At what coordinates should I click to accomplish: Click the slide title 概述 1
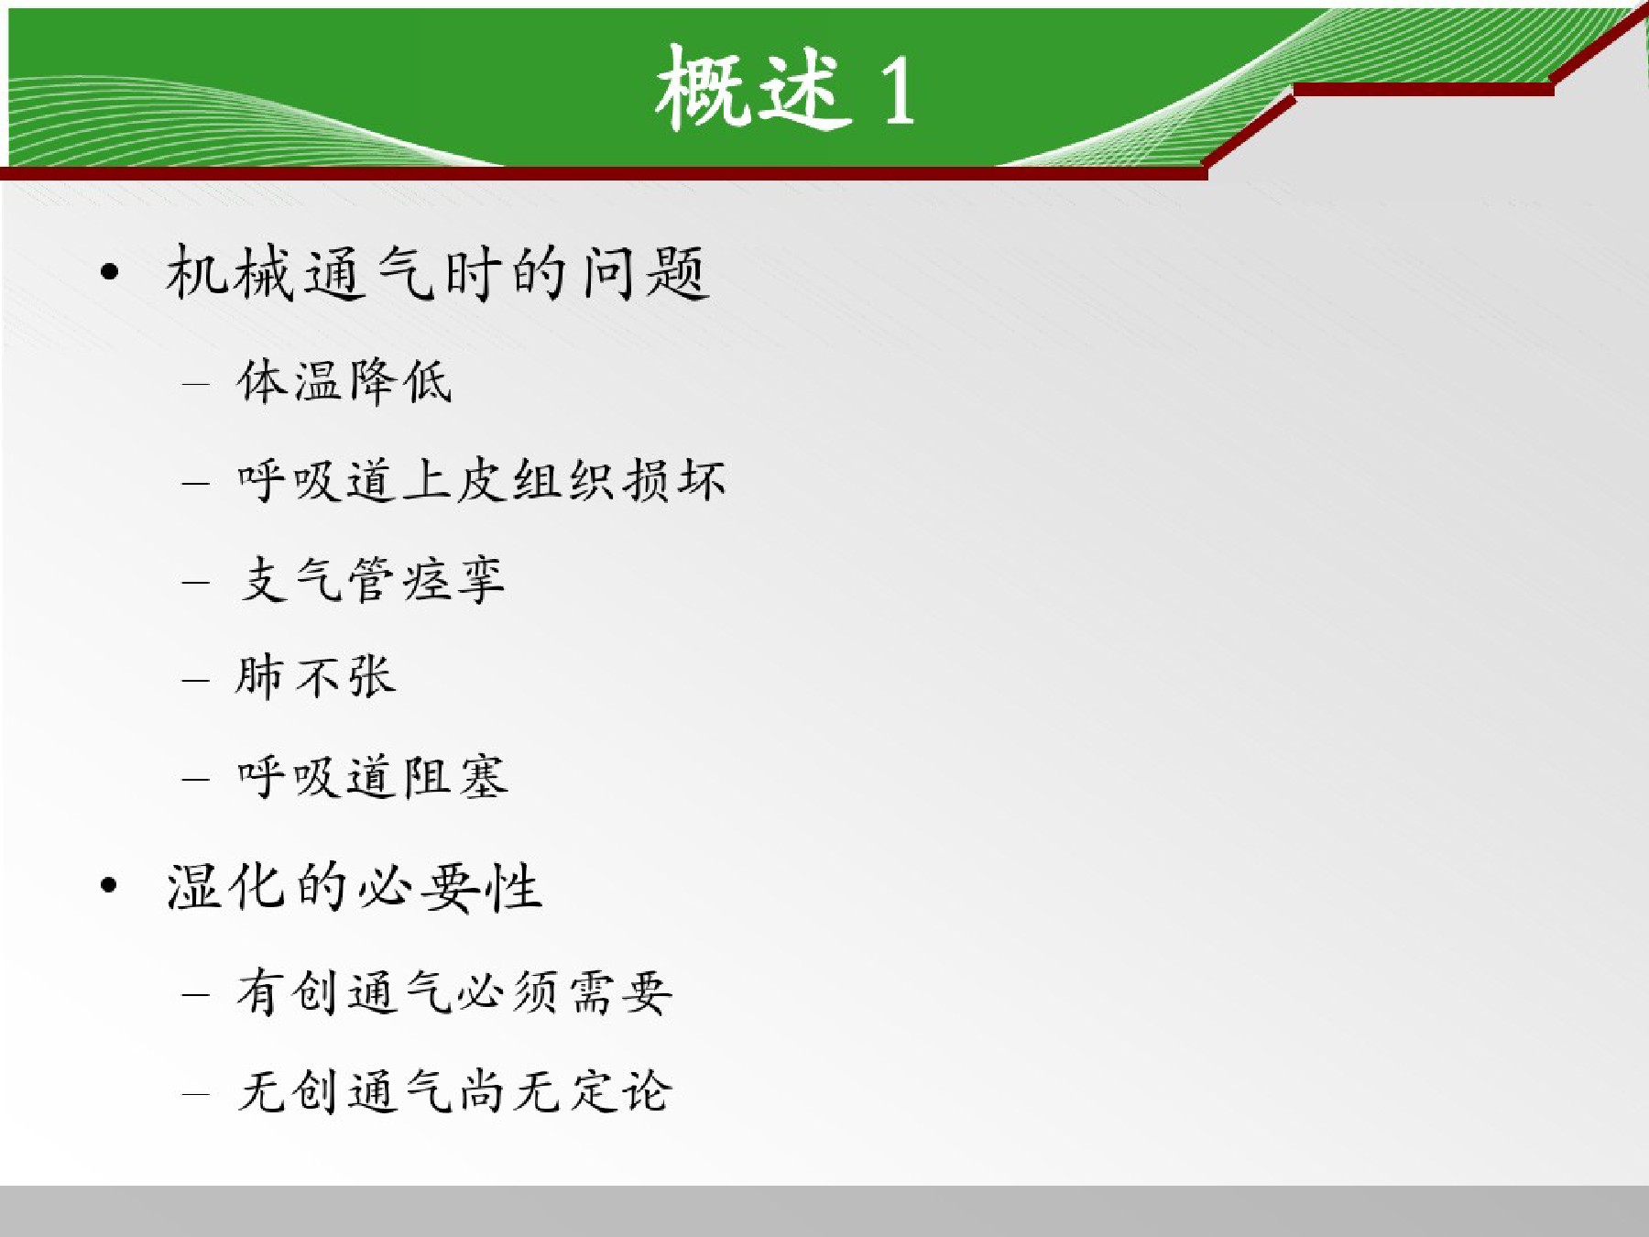click(x=785, y=87)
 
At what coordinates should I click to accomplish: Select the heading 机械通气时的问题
click(x=438, y=272)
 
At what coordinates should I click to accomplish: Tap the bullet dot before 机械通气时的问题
click(x=110, y=272)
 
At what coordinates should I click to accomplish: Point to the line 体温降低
click(x=344, y=381)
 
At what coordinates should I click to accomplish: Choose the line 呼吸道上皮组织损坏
click(x=481, y=479)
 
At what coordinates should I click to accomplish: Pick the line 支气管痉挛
click(x=371, y=579)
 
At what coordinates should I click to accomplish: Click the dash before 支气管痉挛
click(x=196, y=581)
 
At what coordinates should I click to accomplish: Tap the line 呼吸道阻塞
click(x=372, y=777)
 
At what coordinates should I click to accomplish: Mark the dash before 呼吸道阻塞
click(x=196, y=779)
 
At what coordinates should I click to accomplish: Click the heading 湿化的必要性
click(x=355, y=886)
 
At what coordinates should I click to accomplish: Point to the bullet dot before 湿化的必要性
click(x=110, y=886)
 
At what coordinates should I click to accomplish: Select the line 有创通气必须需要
click(x=454, y=992)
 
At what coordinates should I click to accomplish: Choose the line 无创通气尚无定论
click(x=454, y=1091)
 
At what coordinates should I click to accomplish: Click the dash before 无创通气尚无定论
click(x=196, y=1093)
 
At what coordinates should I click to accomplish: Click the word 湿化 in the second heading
click(x=226, y=886)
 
